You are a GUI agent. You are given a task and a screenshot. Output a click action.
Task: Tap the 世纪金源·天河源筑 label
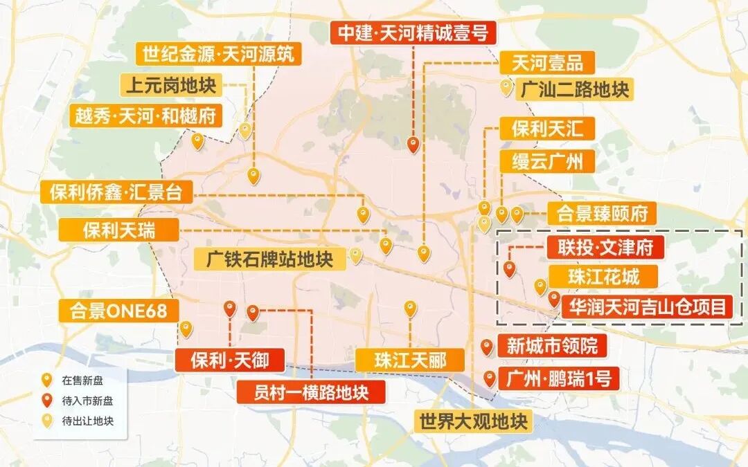[218, 53]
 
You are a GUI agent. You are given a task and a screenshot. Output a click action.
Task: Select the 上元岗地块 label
[171, 86]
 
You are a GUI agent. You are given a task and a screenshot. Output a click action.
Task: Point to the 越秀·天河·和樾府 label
[145, 115]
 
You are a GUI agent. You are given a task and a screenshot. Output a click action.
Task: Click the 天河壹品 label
[547, 63]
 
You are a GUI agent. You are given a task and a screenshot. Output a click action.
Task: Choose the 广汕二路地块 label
[576, 89]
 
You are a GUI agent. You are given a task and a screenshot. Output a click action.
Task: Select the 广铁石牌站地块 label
[269, 259]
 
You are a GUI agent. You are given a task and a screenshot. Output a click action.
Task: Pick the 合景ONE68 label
[118, 311]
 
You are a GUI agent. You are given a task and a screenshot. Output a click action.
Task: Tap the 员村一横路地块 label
[302, 392]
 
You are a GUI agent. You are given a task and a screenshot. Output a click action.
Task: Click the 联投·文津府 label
[607, 247]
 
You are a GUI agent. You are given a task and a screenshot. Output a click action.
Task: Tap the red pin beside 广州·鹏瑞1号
[490, 378]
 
